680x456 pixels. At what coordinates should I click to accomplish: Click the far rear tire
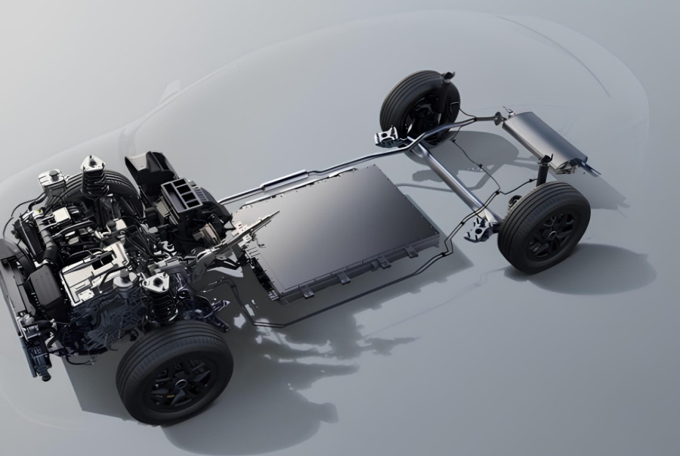pos(419,98)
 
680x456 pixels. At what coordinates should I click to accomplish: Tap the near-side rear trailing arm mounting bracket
pos(478,230)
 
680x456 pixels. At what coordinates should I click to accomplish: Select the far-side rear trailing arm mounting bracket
pos(387,137)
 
